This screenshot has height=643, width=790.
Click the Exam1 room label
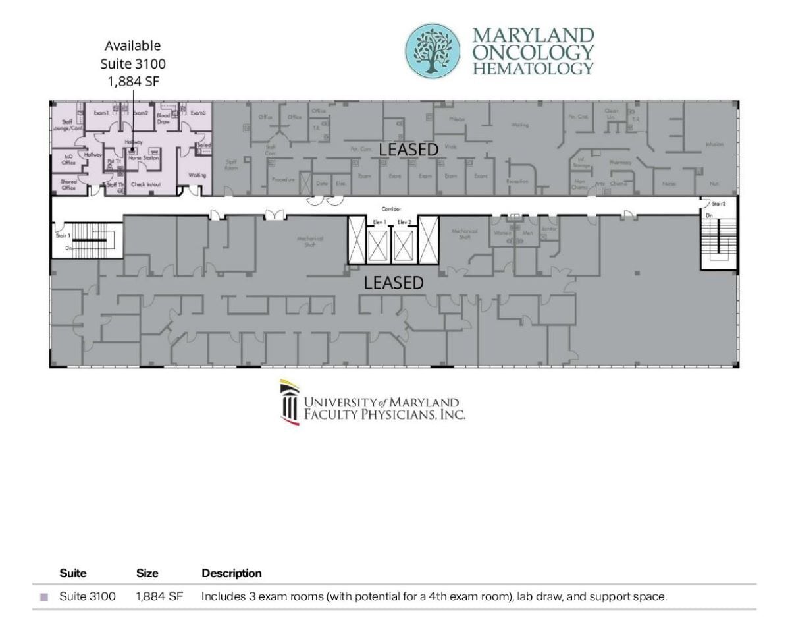pyautogui.click(x=101, y=113)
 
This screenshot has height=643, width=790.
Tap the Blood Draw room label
pyautogui.click(x=164, y=117)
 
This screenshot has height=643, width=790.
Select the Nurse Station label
pyautogui.click(x=144, y=158)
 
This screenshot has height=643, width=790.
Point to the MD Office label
pyautogui.click(x=68, y=159)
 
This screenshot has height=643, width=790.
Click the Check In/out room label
pyautogui.click(x=145, y=184)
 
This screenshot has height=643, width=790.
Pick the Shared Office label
pyautogui.click(x=68, y=184)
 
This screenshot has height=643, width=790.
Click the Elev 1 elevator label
pyautogui.click(x=379, y=222)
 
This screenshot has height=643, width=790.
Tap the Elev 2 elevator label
pyautogui.click(x=404, y=222)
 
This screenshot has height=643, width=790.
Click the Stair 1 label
pyautogui.click(x=63, y=235)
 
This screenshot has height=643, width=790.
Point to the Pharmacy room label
pyautogui.click(x=620, y=162)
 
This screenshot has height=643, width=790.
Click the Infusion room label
pyautogui.click(x=714, y=144)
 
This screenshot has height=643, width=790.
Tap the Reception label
pyautogui.click(x=517, y=181)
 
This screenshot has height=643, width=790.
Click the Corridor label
pyautogui.click(x=391, y=208)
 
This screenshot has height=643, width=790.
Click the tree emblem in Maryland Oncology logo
pyautogui.click(x=432, y=51)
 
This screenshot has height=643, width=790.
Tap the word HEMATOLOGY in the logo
pyautogui.click(x=533, y=68)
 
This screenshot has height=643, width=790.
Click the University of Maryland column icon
pyautogui.click(x=288, y=403)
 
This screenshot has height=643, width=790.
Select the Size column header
pyautogui.click(x=147, y=573)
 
